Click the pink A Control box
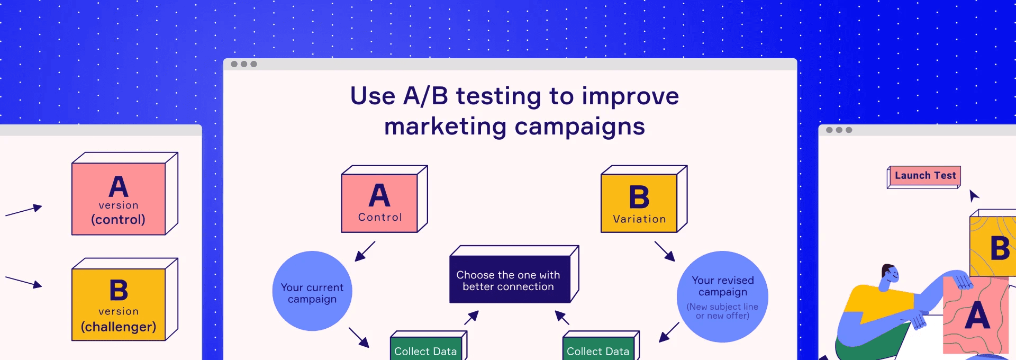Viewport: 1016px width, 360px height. click(380, 203)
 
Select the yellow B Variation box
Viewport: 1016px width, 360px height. click(639, 203)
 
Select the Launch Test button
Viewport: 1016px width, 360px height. click(925, 176)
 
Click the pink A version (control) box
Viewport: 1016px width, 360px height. click(119, 199)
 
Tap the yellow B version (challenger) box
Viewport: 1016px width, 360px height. click(119, 304)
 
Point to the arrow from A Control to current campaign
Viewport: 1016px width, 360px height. click(365, 251)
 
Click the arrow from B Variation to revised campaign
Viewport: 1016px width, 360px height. click(665, 251)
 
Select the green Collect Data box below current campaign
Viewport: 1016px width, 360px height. click(426, 349)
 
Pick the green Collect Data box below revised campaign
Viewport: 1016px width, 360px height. click(598, 349)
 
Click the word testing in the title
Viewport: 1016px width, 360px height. click(498, 96)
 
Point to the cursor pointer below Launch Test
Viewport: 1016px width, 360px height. click(974, 195)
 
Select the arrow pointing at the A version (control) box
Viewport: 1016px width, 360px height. click(24, 211)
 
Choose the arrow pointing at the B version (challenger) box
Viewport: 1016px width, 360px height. click(24, 282)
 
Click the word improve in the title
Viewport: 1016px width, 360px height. click(630, 96)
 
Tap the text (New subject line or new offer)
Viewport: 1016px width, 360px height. click(722, 311)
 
